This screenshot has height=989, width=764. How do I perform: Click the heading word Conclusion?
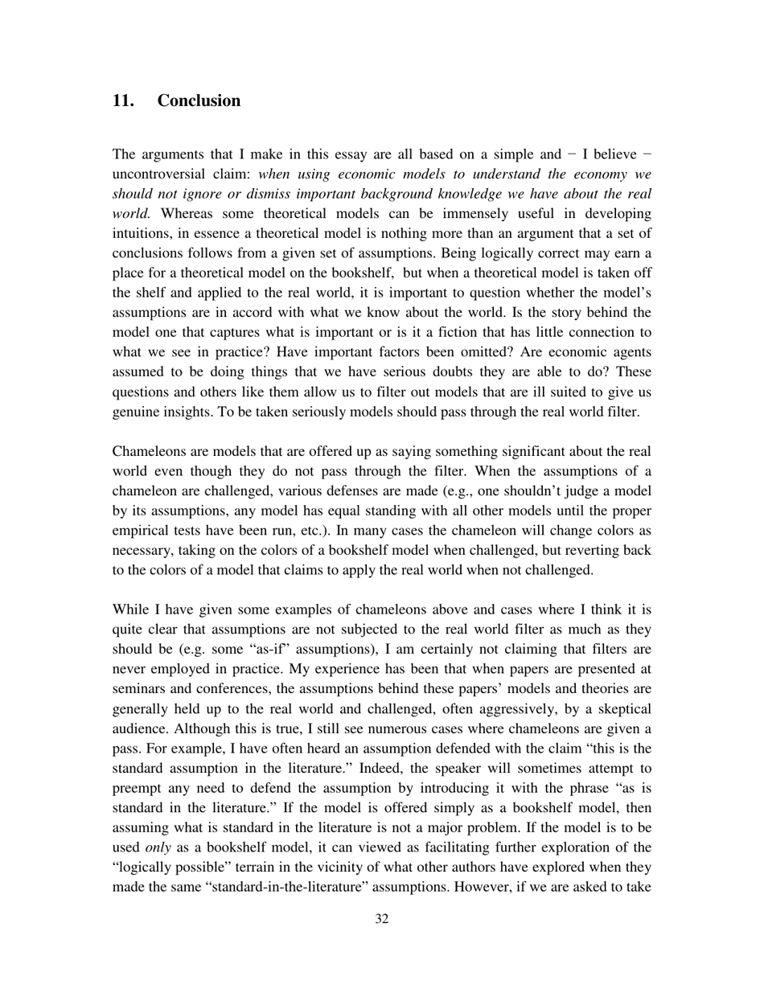point(199,101)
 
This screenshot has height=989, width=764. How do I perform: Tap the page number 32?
point(382,919)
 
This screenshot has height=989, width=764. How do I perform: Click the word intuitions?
point(141,234)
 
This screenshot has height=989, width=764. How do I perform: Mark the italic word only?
point(158,848)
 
